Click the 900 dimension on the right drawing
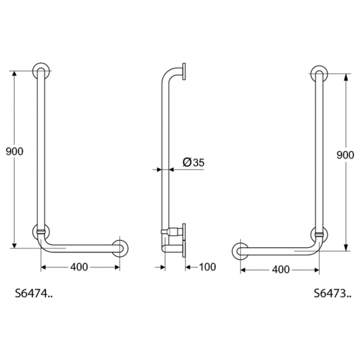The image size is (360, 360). (x=345, y=155)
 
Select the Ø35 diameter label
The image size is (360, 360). (x=192, y=161)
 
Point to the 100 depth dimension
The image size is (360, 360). (x=206, y=266)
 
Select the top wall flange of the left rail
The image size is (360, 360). (x=41, y=71)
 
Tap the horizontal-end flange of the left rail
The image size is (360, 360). (x=122, y=247)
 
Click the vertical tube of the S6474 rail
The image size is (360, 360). (x=41, y=150)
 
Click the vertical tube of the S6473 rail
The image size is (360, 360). (x=319, y=153)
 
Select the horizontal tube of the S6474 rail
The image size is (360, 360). (x=84, y=247)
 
